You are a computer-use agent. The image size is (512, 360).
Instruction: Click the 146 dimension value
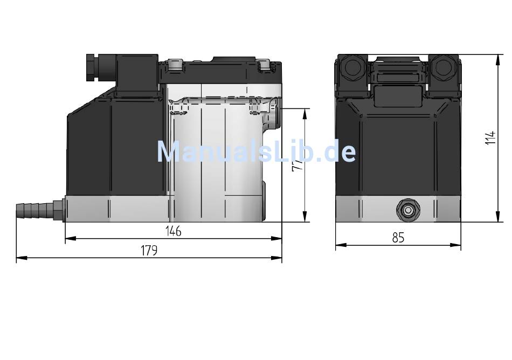click(x=173, y=231)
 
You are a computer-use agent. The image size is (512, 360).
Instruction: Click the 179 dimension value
click(x=149, y=251)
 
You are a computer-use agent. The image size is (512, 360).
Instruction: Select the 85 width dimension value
click(x=398, y=238)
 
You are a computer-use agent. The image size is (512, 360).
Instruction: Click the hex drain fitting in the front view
click(x=408, y=211)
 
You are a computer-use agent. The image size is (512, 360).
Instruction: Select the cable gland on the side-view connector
click(x=92, y=67)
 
